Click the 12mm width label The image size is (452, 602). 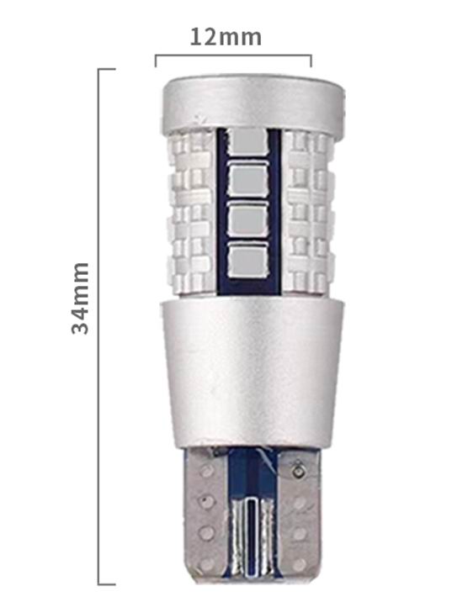[226, 37]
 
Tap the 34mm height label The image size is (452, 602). [81, 298]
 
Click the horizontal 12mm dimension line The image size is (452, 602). [233, 55]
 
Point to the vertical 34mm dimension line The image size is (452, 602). [98, 327]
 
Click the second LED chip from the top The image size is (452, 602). [247, 177]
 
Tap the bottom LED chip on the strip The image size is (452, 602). [247, 259]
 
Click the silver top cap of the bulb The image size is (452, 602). [253, 103]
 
